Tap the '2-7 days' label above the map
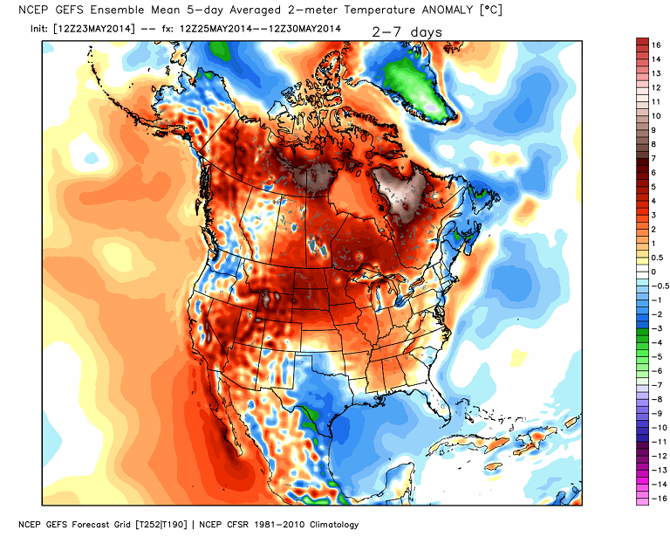point(407,32)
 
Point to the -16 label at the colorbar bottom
point(659,497)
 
